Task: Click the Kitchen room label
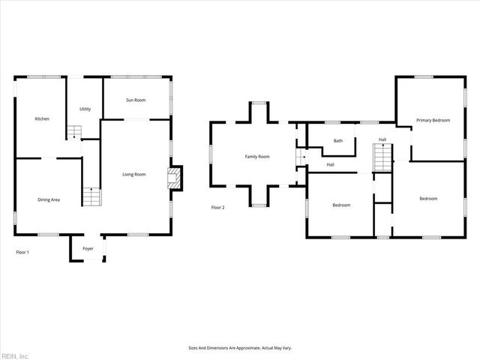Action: click(x=42, y=119)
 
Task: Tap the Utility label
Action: click(x=85, y=109)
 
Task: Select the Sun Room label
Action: click(x=136, y=100)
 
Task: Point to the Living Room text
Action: click(x=134, y=175)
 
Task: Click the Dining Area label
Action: click(x=49, y=199)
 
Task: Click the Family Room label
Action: click(x=257, y=157)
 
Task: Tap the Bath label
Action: click(x=338, y=140)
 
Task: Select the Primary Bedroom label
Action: click(x=433, y=120)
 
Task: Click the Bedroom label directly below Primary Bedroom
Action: click(x=428, y=199)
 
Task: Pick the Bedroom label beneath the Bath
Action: click(x=341, y=205)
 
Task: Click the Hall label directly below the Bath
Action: click(x=330, y=165)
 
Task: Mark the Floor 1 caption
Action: click(x=22, y=253)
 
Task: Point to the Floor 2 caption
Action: click(x=217, y=207)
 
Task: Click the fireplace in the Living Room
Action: click(x=175, y=178)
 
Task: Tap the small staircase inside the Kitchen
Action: click(x=73, y=132)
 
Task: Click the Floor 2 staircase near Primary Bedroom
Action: click(x=383, y=157)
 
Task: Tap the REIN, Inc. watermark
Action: click(x=15, y=355)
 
